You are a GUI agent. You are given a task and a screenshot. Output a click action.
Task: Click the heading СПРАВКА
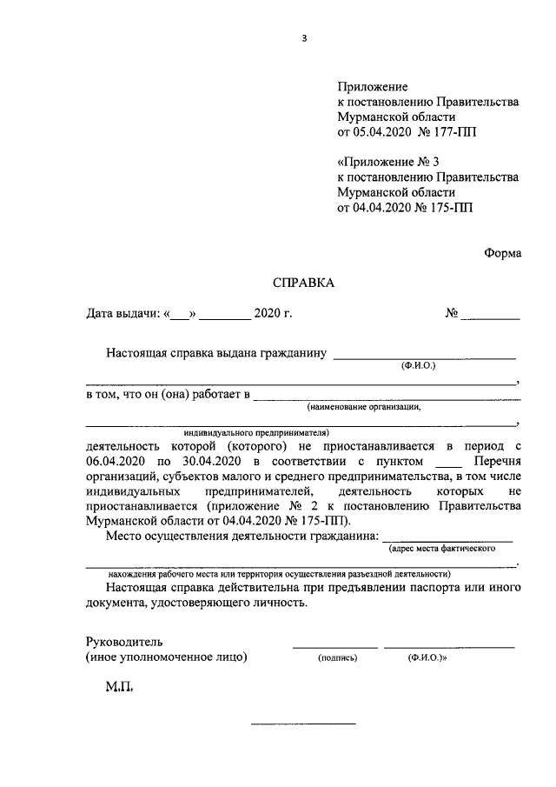pos(303,282)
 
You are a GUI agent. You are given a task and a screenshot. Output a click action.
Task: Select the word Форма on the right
pos(503,253)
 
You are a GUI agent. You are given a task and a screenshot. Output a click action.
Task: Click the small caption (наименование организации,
pos(363,406)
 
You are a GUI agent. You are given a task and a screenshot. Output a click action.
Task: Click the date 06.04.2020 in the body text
pos(116,460)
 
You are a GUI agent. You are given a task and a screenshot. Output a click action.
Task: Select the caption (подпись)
pos(338,658)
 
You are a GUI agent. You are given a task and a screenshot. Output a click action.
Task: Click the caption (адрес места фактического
pos(441,550)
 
